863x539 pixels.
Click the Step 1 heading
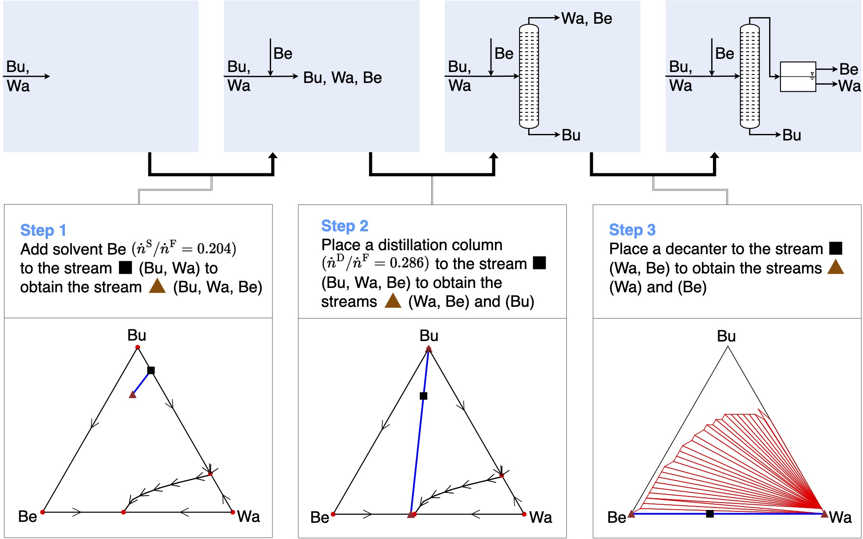pos(43,230)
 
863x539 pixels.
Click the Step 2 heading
pos(344,226)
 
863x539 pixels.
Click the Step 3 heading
pos(632,230)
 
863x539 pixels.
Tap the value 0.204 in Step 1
pos(214,249)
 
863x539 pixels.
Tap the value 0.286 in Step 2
pos(406,263)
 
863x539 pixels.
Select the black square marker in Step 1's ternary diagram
pos(151,370)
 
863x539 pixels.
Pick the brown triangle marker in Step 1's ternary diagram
pos(132,395)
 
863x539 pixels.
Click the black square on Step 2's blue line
pos(423,396)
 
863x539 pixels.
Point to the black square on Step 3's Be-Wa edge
pos(709,514)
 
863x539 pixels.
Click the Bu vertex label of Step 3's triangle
pos(726,336)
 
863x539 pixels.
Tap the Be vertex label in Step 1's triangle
pos(27,517)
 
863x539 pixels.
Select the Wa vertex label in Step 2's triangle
pos(541,517)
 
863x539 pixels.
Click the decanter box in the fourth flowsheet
pos(797,77)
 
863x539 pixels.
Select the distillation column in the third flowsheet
pos(529,76)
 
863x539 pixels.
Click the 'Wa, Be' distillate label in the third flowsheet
pos(587,18)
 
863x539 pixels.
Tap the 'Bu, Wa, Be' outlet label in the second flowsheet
pos(342,78)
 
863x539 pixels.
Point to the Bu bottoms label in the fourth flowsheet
pos(791,135)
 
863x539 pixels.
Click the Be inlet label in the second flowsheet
pos(283,54)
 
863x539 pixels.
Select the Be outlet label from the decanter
pos(849,69)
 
